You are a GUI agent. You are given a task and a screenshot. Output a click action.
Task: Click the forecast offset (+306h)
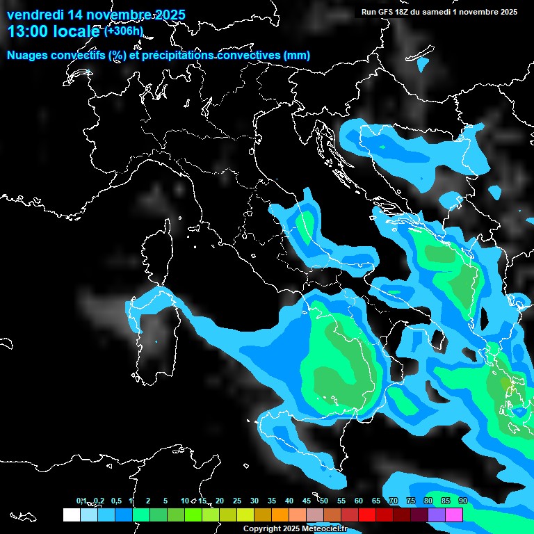124,31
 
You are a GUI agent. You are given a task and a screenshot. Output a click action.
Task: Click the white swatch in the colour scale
71,515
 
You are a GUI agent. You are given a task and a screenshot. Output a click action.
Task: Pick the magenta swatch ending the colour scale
454,515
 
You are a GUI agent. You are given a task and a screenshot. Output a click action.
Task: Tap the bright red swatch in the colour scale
367,515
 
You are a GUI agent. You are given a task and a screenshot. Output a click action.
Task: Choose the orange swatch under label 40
280,515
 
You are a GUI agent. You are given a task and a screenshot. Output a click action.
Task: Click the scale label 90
462,501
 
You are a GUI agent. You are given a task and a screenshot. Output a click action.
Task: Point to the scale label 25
237,501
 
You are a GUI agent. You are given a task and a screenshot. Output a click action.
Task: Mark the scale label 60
358,501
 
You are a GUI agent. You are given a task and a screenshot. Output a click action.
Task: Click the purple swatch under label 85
437,515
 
